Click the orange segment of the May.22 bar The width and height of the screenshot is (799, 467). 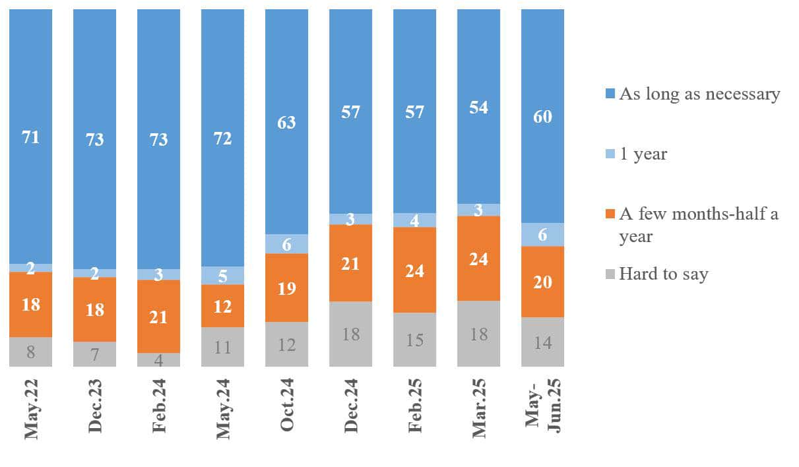[x=30, y=304]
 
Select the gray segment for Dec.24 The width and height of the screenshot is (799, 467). [x=350, y=334]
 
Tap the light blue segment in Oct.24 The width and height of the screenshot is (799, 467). [x=286, y=243]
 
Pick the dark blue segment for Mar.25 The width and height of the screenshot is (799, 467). [x=478, y=107]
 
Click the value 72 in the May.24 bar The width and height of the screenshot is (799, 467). [x=223, y=139]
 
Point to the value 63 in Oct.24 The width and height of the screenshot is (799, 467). [x=286, y=122]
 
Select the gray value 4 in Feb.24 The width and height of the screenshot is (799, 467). [x=158, y=359]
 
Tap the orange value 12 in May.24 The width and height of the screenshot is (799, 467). [x=223, y=305]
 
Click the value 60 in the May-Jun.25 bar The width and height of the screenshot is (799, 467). [x=542, y=117]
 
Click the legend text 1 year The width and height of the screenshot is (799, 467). [x=643, y=154]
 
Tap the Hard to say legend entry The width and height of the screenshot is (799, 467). [x=663, y=274]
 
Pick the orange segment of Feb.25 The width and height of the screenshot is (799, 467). [x=414, y=270]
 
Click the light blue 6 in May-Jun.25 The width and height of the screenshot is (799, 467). [x=542, y=235]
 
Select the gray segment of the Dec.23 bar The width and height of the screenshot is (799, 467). [x=94, y=354]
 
